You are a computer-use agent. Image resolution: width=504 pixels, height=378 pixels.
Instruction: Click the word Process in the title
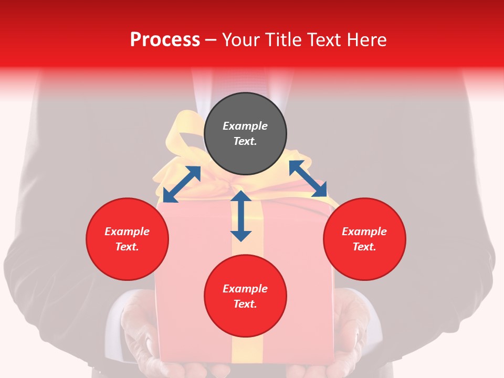[x=165, y=40]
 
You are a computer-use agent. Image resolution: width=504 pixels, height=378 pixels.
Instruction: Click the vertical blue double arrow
[x=241, y=216]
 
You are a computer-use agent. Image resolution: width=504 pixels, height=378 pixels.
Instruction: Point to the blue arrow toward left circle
[x=182, y=184]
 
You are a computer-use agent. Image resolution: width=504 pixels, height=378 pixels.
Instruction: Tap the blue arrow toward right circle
[x=308, y=178]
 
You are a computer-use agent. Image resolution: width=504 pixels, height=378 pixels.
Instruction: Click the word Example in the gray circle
[x=245, y=126]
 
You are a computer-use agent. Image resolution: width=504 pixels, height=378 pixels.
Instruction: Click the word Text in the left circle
[x=127, y=247]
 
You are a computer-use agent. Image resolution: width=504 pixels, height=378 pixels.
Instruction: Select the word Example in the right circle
[x=364, y=232]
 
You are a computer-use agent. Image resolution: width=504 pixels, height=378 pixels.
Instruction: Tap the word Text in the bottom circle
[x=245, y=304]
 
